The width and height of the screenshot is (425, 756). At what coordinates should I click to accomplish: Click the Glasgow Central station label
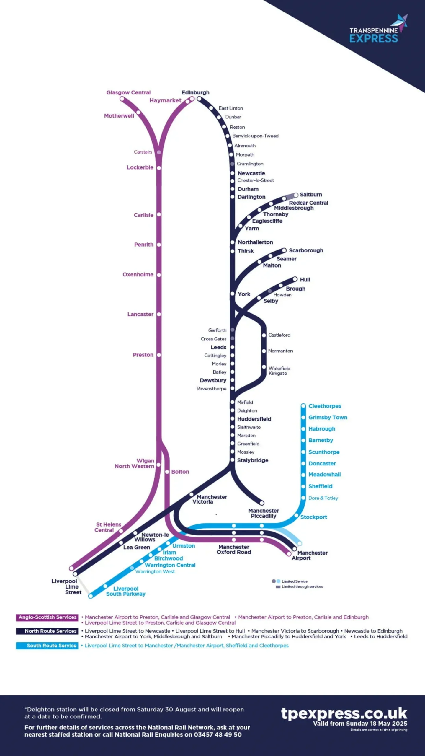point(128,92)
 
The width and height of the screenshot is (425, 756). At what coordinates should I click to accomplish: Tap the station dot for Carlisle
point(159,214)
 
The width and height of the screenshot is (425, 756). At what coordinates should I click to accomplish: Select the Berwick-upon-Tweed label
point(255,136)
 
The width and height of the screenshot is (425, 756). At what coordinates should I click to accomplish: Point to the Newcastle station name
point(251,173)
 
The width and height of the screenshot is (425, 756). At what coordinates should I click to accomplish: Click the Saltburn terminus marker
point(296,195)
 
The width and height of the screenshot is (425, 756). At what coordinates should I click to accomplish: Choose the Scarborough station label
point(306,250)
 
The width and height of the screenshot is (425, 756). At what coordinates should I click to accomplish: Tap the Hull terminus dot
point(295,279)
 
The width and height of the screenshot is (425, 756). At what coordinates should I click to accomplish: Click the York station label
point(244,294)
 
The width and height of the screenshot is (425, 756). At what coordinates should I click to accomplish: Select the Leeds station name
point(218,347)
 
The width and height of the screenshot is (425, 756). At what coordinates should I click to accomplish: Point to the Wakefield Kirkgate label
point(279,371)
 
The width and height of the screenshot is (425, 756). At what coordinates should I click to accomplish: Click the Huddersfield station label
point(254,419)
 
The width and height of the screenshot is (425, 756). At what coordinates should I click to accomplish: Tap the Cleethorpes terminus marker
point(303,406)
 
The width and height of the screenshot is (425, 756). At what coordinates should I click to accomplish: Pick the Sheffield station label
point(320,486)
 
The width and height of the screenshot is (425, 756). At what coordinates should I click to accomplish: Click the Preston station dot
point(159,355)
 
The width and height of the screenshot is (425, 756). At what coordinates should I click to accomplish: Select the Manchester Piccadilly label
point(263,513)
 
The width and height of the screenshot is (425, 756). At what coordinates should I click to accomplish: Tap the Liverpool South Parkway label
point(126,591)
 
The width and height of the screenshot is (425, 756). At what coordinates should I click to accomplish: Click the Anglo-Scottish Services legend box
point(47,617)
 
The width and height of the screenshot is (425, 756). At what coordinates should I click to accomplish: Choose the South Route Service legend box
point(47,646)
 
